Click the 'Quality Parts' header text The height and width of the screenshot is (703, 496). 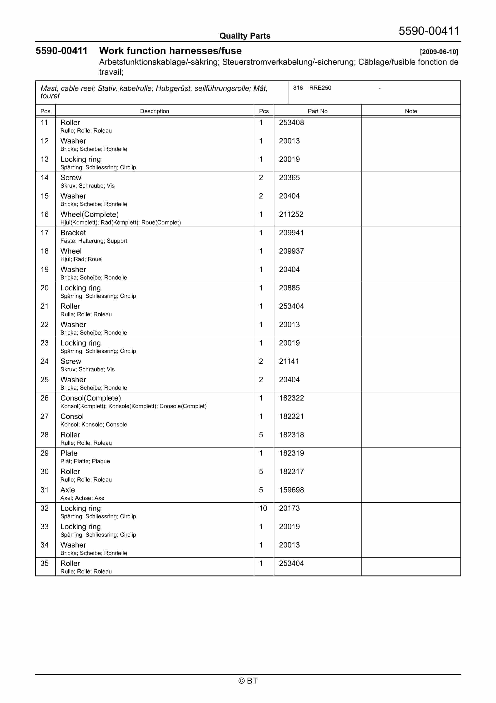coord(245,36)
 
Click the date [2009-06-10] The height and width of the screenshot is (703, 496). coord(439,52)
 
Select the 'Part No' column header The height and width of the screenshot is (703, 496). coord(317,111)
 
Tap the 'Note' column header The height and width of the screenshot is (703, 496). coord(411,111)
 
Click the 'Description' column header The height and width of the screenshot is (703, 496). coord(154,111)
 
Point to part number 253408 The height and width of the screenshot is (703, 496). coord(291,123)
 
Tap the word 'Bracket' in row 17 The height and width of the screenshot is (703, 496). coord(73,233)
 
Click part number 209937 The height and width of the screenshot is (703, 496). coord(291,251)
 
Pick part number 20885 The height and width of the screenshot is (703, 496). coord(289,288)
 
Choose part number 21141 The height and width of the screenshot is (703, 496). coord(289,361)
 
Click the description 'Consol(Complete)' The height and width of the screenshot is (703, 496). coord(90,398)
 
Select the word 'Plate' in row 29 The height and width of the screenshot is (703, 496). coord(69,453)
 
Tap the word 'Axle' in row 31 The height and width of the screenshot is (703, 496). coord(68,490)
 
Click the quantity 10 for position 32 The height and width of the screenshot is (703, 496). coord(263,508)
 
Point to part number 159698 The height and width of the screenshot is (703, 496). coord(291,490)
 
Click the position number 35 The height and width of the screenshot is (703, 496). coord(45,563)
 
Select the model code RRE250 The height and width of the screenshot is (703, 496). coord(320,88)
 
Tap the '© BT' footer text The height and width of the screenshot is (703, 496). coord(248,681)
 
